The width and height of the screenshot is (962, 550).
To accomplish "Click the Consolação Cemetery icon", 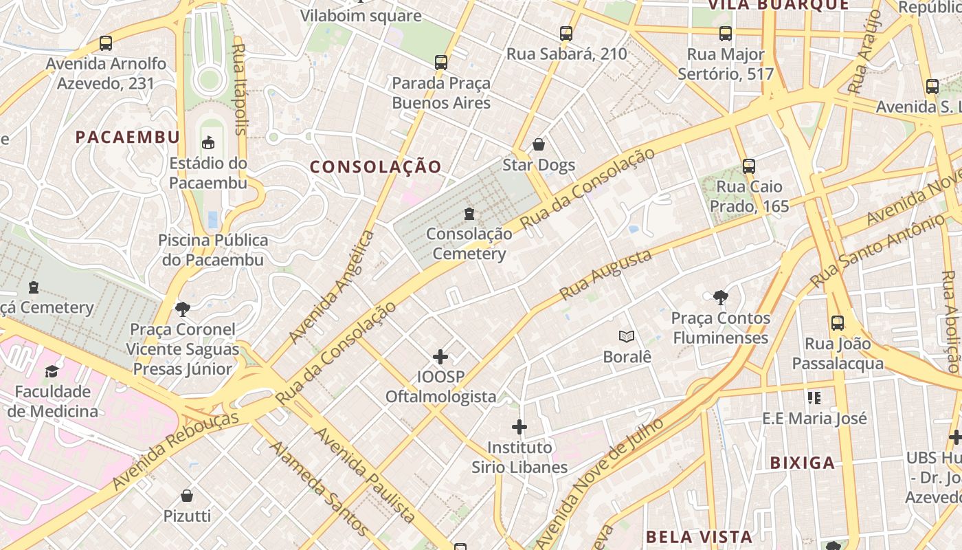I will click(x=469, y=214).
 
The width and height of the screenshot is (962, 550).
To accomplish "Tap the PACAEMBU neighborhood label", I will click(x=127, y=137).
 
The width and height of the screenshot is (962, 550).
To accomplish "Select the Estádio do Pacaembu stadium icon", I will click(x=208, y=143).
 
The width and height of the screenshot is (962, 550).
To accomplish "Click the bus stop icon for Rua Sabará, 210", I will click(x=566, y=33).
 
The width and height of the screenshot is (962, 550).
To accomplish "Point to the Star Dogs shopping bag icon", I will click(x=539, y=144).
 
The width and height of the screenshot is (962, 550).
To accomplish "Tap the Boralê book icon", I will click(x=626, y=336).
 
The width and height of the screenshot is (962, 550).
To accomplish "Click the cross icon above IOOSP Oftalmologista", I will click(x=440, y=357).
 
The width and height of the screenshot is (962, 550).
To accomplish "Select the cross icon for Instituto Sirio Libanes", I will click(x=519, y=428).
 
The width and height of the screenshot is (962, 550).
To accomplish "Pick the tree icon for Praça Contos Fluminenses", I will click(x=720, y=298).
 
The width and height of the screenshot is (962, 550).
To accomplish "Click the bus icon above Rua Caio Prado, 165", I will click(x=749, y=166).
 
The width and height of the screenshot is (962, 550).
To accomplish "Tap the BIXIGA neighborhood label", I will click(x=803, y=462).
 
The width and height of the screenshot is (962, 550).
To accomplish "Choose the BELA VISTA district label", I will click(x=700, y=536).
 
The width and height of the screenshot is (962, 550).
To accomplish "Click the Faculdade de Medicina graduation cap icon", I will click(x=52, y=371).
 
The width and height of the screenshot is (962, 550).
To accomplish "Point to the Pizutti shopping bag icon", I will click(x=187, y=496).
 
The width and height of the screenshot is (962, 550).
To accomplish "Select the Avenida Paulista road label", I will click(x=365, y=474).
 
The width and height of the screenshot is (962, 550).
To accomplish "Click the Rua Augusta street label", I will click(x=605, y=275).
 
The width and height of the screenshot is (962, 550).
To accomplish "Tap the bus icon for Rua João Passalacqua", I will click(x=838, y=323).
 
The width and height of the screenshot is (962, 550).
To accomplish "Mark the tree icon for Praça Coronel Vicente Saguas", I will click(x=183, y=309).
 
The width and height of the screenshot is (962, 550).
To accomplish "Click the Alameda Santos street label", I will click(x=319, y=487).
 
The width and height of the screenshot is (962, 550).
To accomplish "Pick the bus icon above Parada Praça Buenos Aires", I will click(x=441, y=63).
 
